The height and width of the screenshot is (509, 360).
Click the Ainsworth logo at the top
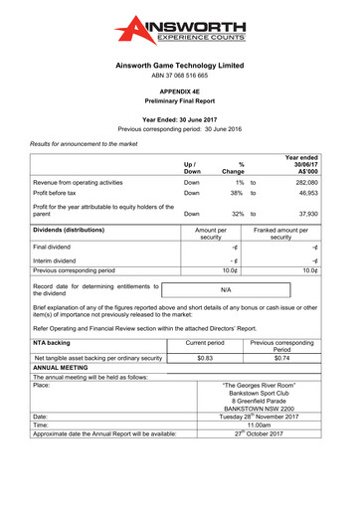pyautogui.click(x=180, y=31)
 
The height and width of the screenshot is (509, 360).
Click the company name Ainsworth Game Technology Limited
pyautogui.click(x=180, y=65)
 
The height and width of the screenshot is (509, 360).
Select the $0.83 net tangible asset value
pyautogui.click(x=205, y=358)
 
